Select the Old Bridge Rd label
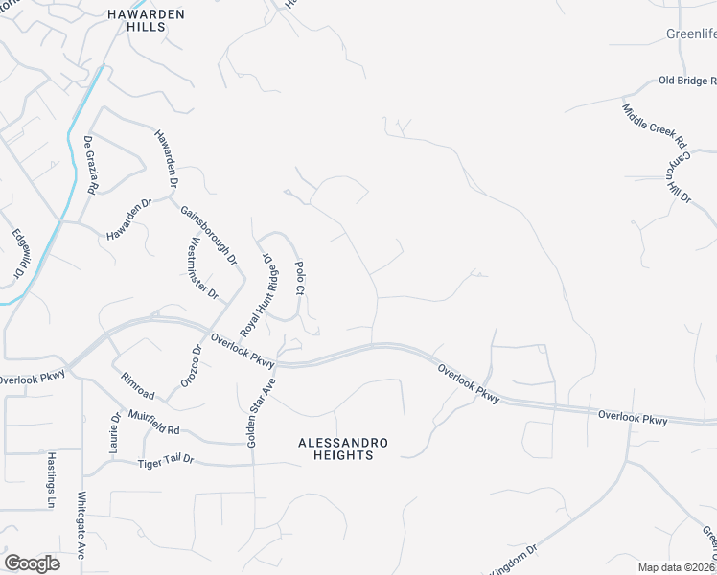coord(687,81)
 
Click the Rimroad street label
coord(137,385)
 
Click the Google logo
coord(32,563)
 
